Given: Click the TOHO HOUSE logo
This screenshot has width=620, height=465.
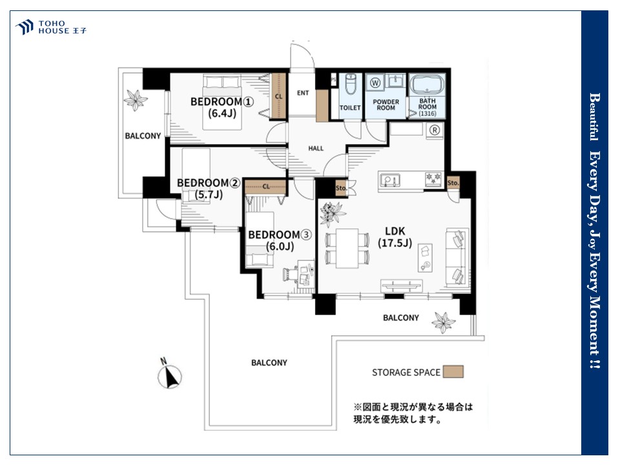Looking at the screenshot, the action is point(50,27).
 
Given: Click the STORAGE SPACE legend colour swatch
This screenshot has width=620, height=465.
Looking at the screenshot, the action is point(453,372).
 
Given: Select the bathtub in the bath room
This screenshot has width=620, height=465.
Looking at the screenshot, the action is point(427,84).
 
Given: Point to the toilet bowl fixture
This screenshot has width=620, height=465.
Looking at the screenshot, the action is point(351,84).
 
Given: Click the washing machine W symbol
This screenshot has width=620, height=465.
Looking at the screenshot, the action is point(375,83).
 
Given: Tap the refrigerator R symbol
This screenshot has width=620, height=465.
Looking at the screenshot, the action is point(435,130).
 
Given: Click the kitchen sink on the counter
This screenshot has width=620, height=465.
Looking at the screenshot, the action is point(390,180).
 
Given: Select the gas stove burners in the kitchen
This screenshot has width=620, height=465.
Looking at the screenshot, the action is point(434,179).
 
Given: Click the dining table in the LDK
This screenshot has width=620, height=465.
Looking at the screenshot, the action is point(347,249).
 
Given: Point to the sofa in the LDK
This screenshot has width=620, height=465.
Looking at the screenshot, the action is point(457,258).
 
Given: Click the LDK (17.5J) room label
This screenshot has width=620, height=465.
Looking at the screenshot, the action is point(395,237).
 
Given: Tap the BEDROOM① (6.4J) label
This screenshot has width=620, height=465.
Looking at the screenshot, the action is point(222,107).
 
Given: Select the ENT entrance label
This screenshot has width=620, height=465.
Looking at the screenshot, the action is point(303,93).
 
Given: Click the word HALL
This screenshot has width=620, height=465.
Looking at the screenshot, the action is point(316,149).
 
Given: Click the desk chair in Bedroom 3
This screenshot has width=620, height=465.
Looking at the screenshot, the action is point(291,274).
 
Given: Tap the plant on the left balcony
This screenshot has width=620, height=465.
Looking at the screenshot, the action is point(135,99).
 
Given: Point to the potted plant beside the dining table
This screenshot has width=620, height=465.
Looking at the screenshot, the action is point(331,214).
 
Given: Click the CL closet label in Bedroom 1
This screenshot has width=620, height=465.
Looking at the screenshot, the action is point(279,96).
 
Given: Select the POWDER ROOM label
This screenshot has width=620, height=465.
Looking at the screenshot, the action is point(386,105).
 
